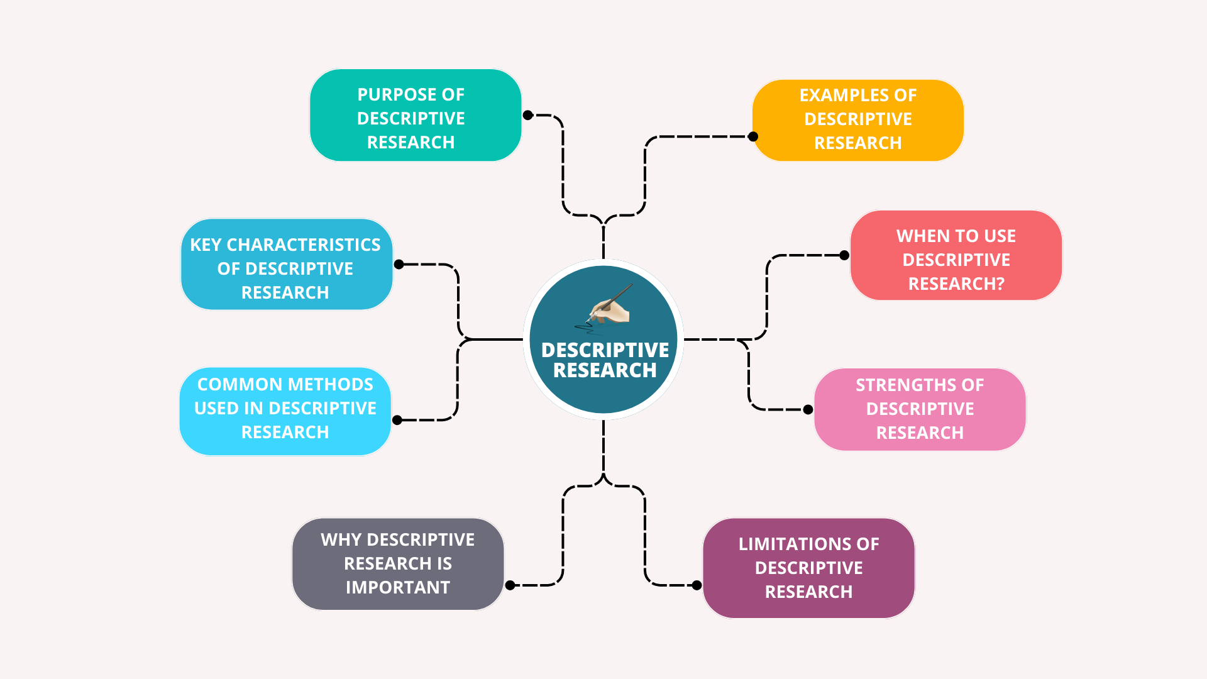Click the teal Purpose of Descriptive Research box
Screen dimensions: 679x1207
tap(415, 116)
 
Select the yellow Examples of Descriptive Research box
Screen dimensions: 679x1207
tap(858, 119)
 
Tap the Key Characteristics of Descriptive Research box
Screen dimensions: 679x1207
tap(286, 265)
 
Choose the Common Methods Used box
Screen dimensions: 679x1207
tap(285, 411)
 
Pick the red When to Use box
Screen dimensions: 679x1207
tap(956, 255)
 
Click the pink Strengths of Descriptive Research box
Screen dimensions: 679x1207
tap(920, 409)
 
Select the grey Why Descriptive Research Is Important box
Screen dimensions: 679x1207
tap(397, 564)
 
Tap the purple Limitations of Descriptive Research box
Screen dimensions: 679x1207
tap(808, 568)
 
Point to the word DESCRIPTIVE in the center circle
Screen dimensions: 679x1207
tap(605, 350)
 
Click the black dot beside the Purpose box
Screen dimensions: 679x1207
tap(528, 115)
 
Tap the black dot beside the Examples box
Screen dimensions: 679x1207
tap(753, 136)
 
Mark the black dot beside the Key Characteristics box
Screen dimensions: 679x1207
tap(399, 265)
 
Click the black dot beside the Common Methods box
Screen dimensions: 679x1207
tap(397, 420)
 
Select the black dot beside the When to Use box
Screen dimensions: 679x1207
tap(844, 255)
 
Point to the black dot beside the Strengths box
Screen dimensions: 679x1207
tap(808, 409)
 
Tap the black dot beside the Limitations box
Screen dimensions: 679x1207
tap(697, 585)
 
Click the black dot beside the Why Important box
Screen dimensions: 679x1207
tap(510, 585)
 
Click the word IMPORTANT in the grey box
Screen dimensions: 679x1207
tap(397, 588)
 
